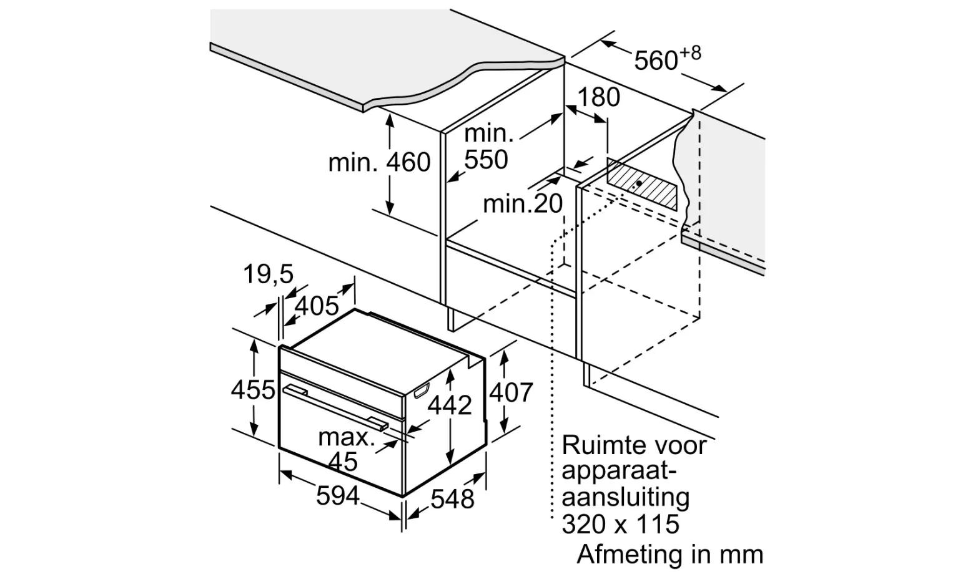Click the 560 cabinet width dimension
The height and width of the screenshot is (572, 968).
[656, 60]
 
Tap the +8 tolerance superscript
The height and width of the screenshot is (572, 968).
[690, 53]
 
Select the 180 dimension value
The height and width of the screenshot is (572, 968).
[598, 97]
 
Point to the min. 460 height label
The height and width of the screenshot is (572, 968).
[380, 163]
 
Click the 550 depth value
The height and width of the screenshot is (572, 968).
[486, 160]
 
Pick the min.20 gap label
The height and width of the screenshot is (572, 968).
[523, 203]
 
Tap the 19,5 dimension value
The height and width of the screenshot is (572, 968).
[268, 274]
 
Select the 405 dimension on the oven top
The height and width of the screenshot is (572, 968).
[317, 306]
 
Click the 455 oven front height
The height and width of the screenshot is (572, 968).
[253, 390]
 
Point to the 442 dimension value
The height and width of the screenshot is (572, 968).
[450, 405]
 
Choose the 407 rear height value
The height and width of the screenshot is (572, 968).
[511, 392]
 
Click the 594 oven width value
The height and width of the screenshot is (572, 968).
[337, 495]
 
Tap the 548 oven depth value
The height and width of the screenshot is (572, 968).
[452, 498]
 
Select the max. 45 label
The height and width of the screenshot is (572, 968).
[346, 449]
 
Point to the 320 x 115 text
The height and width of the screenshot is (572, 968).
[621, 523]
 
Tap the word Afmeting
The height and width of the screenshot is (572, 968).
[629, 555]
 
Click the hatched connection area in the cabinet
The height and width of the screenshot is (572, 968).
[641, 185]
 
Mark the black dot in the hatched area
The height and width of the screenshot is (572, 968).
[639, 183]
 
